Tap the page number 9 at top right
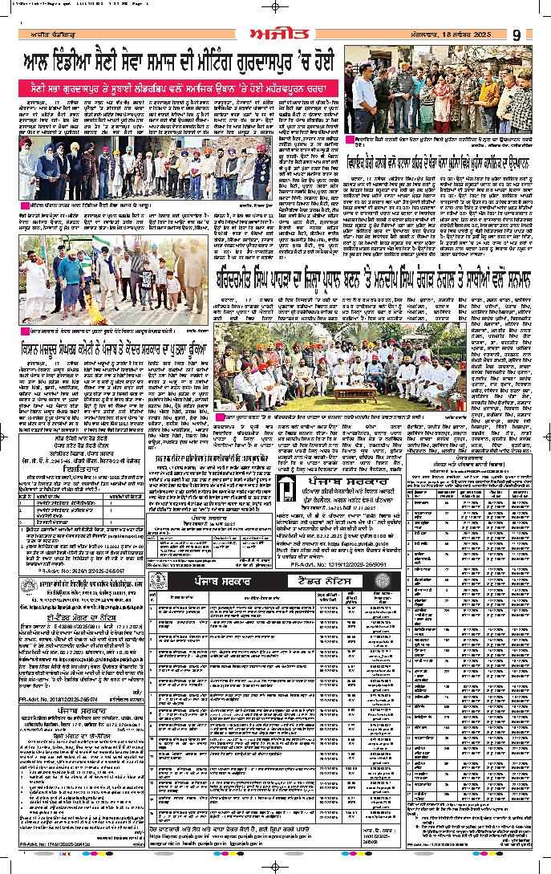[x=517, y=35]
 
